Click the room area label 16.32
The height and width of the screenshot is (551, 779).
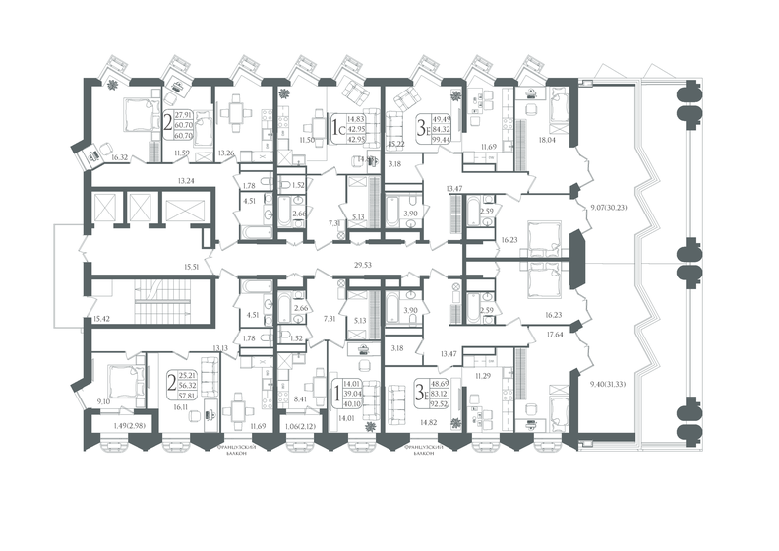point(121,156)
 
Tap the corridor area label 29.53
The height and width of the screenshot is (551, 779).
point(366,265)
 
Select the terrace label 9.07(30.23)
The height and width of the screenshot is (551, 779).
point(610,208)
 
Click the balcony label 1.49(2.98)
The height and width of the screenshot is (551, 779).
point(117,425)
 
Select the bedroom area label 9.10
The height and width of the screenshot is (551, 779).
point(104,400)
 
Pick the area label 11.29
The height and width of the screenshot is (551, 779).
point(482,375)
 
